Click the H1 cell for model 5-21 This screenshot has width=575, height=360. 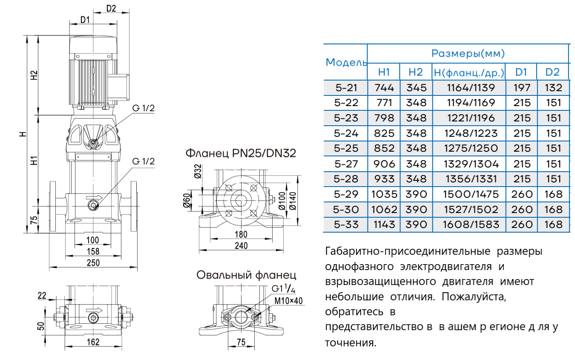[x=385, y=88]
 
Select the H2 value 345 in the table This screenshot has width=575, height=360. [x=417, y=88]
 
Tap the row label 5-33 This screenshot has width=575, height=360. [x=346, y=224]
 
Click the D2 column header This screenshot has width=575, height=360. [x=552, y=72]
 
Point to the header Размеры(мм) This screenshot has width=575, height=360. [x=468, y=53]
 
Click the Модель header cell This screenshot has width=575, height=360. [x=346, y=62]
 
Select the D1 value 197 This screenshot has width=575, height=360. [x=522, y=88]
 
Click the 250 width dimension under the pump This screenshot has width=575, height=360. [x=93, y=263]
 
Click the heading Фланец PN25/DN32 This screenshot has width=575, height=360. [x=240, y=153]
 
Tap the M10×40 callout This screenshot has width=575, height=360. [x=288, y=301]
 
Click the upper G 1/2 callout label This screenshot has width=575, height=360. [x=143, y=107]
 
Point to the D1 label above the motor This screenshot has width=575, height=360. [x=85, y=20]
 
